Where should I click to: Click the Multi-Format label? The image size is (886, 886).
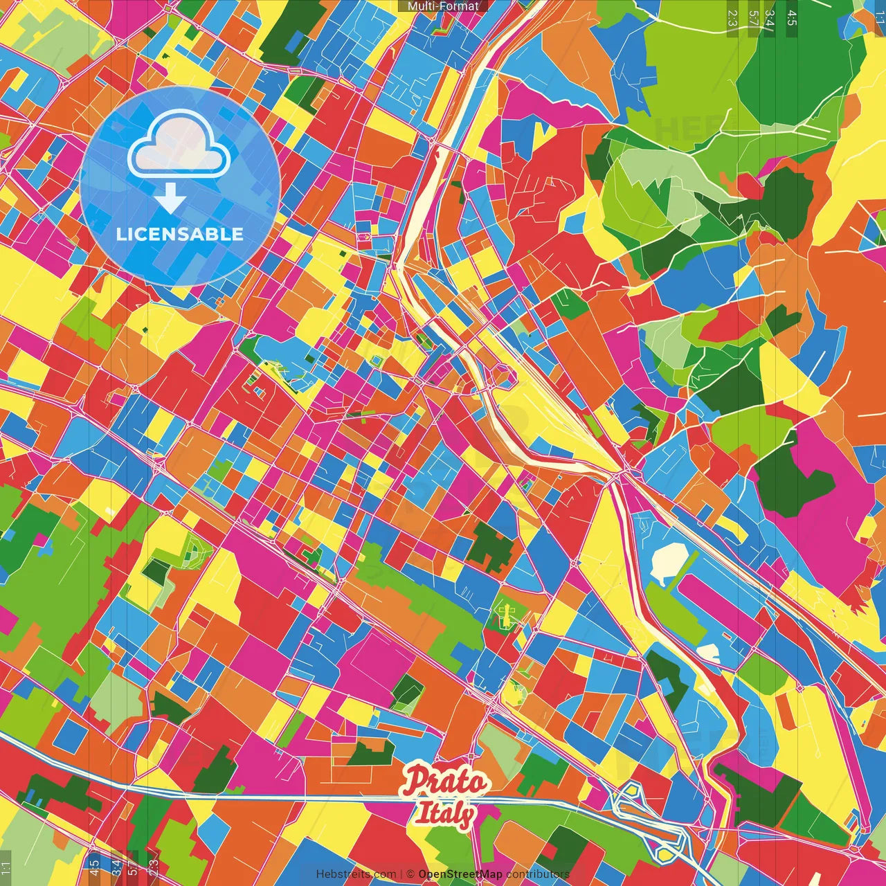(x=443, y=6)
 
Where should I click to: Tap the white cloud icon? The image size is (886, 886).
(x=179, y=147)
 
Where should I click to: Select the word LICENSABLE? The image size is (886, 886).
(x=180, y=234)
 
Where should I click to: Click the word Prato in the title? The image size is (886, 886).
(x=446, y=781)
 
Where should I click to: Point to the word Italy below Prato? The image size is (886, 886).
(x=444, y=813)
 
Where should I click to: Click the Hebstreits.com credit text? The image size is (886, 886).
(x=356, y=874)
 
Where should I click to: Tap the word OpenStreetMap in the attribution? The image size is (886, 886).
(x=460, y=874)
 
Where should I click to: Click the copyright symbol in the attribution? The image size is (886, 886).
(x=410, y=874)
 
